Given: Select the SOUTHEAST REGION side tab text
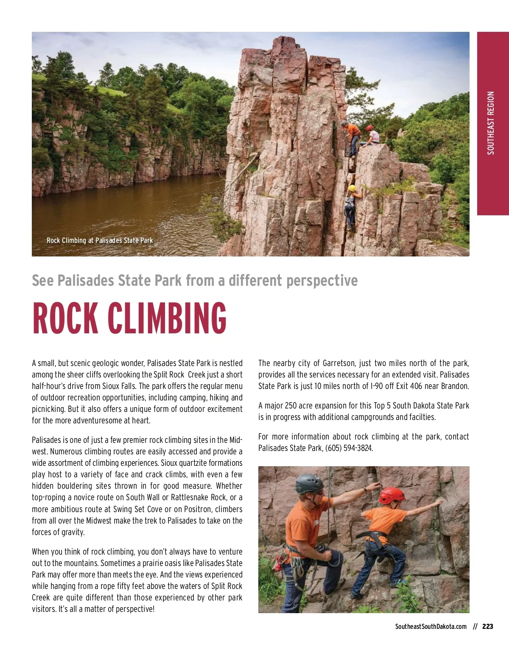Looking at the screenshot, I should click(491, 123).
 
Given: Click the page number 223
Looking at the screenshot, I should click(488, 626).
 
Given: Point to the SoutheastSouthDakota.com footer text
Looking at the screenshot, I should click(431, 626).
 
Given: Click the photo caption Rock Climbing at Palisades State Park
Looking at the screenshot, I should click(99, 240).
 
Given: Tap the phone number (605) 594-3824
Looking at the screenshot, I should click(349, 448).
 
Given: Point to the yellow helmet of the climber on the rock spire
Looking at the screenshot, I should click(352, 188).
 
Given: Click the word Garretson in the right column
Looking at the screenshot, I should click(339, 363).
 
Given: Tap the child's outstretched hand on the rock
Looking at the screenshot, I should click(439, 502).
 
